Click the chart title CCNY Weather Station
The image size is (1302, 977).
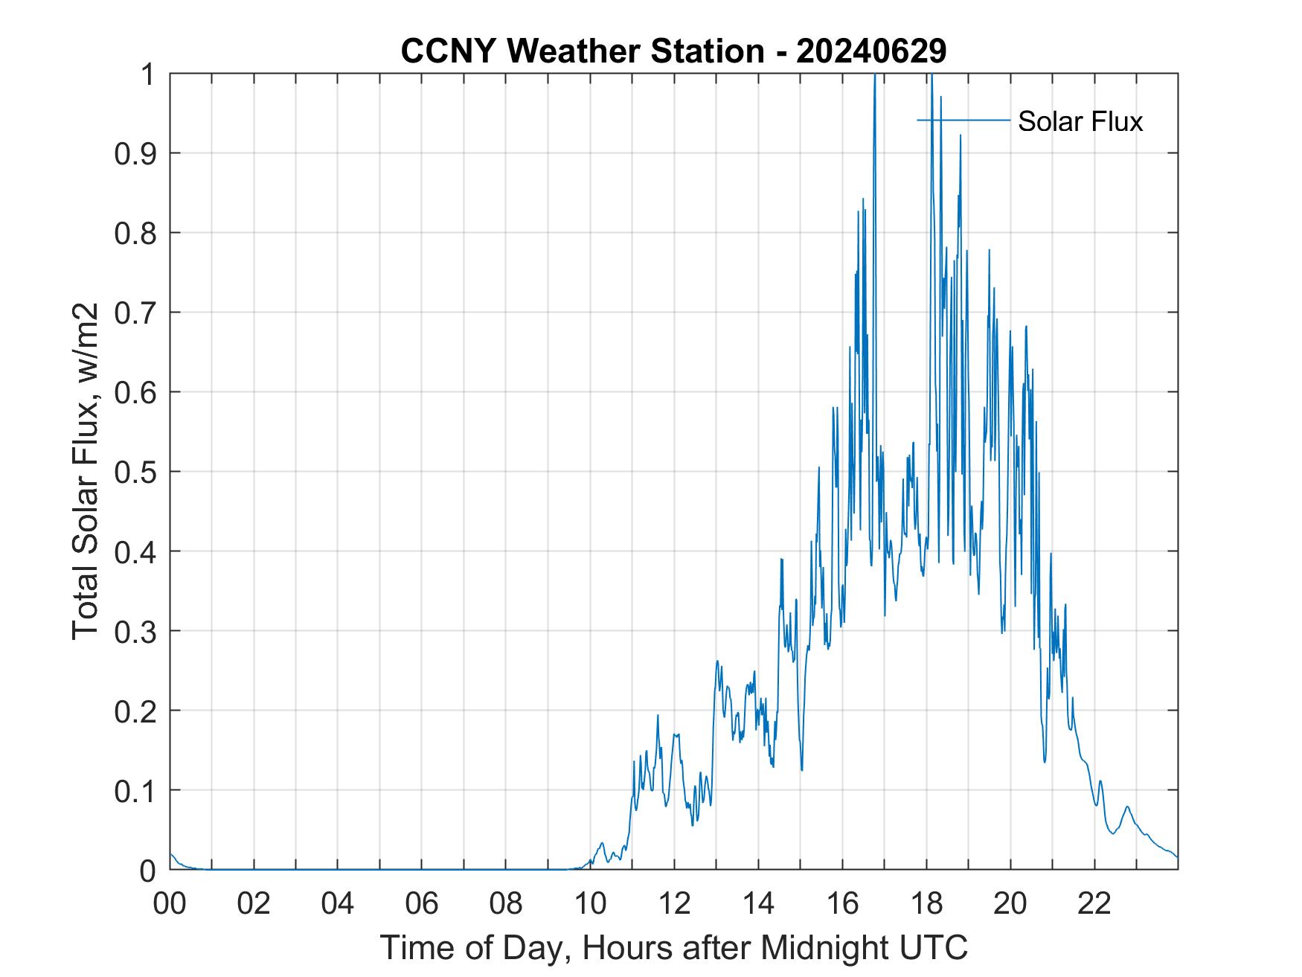(x=583, y=51)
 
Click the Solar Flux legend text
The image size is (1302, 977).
(x=1080, y=121)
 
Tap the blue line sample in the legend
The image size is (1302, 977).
(x=963, y=120)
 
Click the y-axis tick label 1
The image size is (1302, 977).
(x=148, y=74)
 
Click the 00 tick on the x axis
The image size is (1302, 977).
(x=170, y=903)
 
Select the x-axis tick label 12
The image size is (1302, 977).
(x=674, y=903)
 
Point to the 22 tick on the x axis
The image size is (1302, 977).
(x=1094, y=903)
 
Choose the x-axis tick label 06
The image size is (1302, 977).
(x=422, y=903)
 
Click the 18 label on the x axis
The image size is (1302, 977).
(x=926, y=903)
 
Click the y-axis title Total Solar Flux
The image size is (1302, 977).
(x=86, y=472)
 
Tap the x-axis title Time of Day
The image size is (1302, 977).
(x=673, y=947)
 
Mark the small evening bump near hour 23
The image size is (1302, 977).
(x=1127, y=807)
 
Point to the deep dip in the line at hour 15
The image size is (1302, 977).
(x=801, y=769)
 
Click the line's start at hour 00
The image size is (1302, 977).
(x=171, y=854)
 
